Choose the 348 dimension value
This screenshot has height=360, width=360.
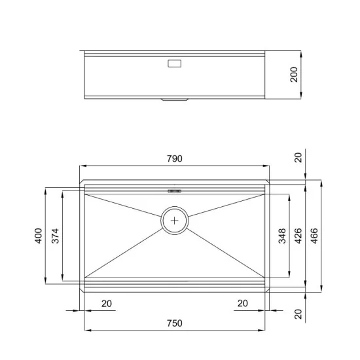point(282,235)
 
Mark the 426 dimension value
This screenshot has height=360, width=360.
point(298,235)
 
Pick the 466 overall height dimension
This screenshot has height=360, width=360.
point(315,235)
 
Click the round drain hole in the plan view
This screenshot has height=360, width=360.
point(175,221)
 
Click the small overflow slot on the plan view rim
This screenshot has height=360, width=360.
point(174,191)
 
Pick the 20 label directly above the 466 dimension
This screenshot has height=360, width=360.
point(298,157)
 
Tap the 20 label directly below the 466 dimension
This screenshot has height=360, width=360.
point(298,315)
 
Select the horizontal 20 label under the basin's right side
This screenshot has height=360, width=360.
point(242,303)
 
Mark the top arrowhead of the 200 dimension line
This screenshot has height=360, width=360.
point(301,52)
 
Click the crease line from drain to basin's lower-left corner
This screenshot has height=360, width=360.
point(124,252)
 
